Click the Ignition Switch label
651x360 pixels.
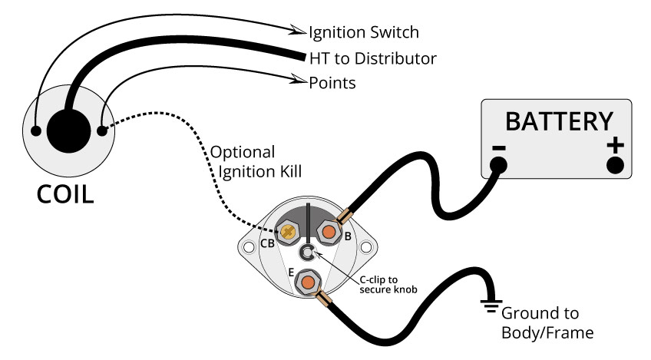[x=364, y=32]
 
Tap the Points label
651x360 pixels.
[x=332, y=82]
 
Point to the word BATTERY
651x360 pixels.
[x=558, y=121]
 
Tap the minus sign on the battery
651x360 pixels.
[x=499, y=145]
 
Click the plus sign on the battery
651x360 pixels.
[x=615, y=145]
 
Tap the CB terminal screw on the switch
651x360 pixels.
[x=289, y=231]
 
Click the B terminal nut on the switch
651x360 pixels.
[x=329, y=231]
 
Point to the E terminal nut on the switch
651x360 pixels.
[x=308, y=282]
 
